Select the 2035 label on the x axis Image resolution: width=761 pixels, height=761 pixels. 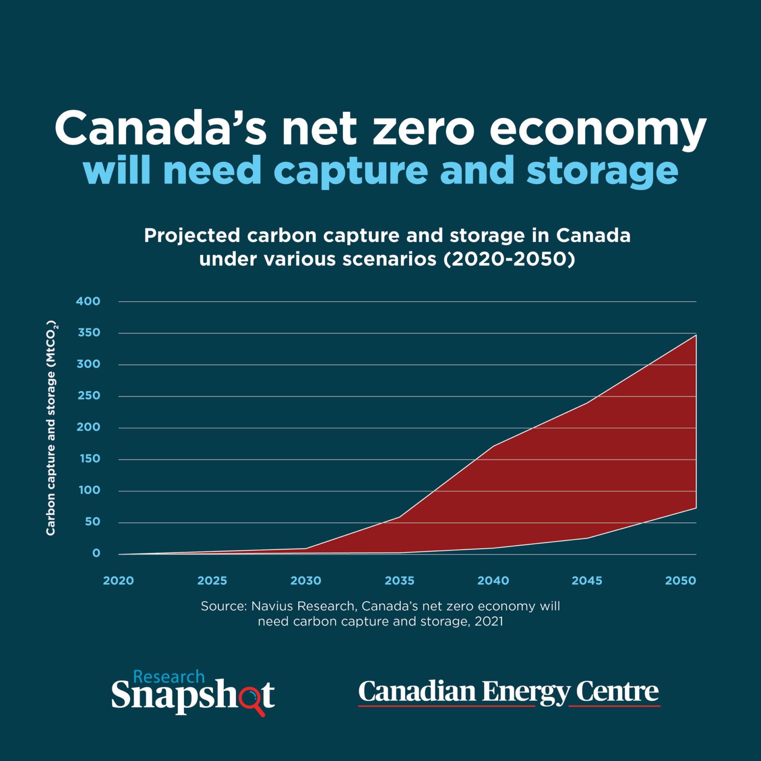(x=400, y=581)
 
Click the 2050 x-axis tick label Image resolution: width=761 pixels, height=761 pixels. (x=680, y=581)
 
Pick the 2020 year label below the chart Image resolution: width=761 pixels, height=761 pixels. (x=119, y=581)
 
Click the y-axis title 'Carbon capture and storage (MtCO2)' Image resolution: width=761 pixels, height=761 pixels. (x=51, y=428)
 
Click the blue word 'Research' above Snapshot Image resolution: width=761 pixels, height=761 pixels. (x=169, y=677)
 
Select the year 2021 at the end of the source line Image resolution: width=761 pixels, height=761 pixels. (x=489, y=621)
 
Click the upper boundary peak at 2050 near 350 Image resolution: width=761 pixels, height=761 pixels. (x=696, y=335)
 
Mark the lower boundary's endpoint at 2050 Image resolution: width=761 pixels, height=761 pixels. (x=696, y=508)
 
